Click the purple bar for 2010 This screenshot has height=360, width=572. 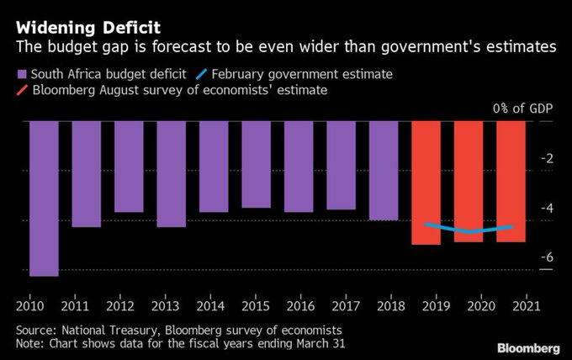(44, 198)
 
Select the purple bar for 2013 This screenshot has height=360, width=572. (171, 174)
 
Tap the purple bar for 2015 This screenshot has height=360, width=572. (256, 164)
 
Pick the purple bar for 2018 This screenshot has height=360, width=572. (383, 171)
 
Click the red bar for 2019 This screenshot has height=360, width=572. (426, 183)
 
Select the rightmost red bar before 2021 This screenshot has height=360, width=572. (511, 181)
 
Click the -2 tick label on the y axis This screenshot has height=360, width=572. (547, 159)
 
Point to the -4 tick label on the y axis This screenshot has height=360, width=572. (547, 208)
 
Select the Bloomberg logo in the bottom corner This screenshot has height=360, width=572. (527, 347)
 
